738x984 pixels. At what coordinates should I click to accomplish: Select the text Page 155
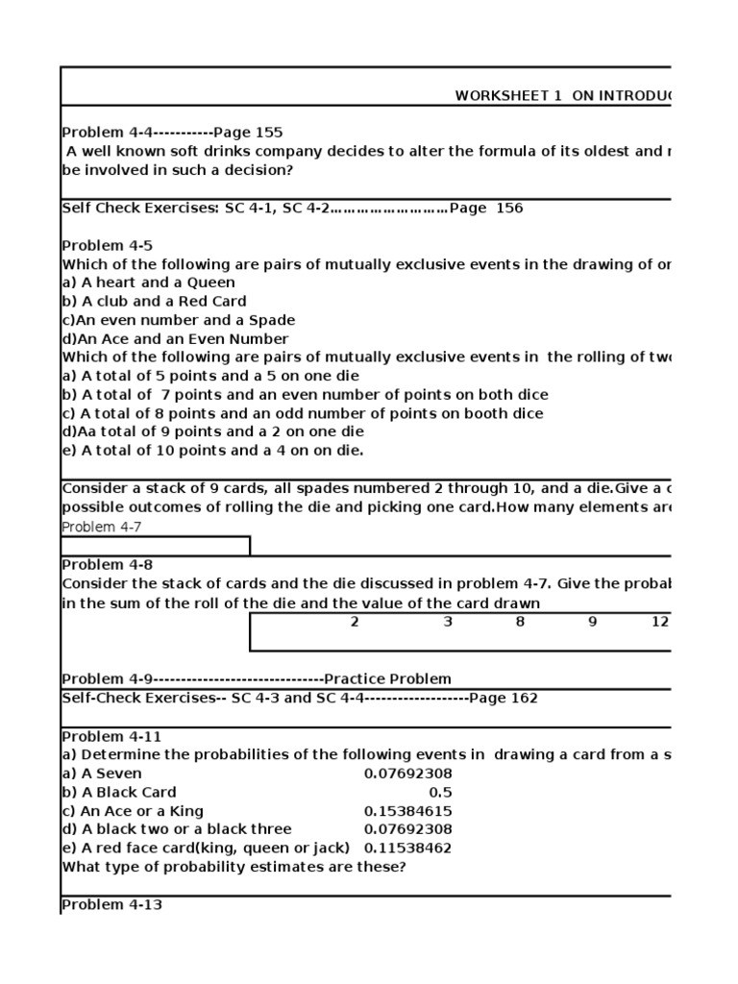click(248, 133)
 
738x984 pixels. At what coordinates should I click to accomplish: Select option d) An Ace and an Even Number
click(174, 338)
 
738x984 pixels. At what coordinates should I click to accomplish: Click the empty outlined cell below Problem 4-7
click(156, 546)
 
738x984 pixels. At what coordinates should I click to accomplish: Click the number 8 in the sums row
click(520, 622)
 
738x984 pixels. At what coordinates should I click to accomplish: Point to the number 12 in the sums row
click(659, 622)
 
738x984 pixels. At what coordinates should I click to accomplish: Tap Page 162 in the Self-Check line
click(504, 698)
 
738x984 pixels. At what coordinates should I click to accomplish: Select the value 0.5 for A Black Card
click(440, 792)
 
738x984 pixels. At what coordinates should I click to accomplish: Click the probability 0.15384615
click(407, 810)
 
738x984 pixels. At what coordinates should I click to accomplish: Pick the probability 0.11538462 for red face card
click(407, 848)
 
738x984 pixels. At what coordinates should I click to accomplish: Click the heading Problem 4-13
click(111, 904)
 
